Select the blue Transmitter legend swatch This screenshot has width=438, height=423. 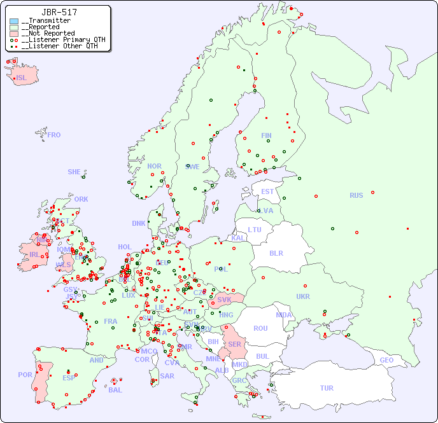pos(14,21)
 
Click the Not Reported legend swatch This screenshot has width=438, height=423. pos(14,34)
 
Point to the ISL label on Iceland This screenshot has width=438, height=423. pos(21,78)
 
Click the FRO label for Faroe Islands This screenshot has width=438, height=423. pos(54,135)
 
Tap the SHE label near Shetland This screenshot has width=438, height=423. pos(74,172)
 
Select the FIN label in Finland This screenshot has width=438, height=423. pos(266,135)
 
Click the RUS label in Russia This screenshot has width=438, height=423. pos(356,195)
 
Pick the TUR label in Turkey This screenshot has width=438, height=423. pos(327,388)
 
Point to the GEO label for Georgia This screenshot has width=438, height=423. pos(386,360)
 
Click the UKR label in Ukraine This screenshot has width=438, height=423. pos(303,296)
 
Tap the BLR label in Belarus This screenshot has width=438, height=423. pos(276,253)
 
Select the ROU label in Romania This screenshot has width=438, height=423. pos(260,328)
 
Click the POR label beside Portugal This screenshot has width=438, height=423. pos(25,375)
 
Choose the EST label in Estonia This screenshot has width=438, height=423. pos(267,191)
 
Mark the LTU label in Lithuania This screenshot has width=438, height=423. pos(255,230)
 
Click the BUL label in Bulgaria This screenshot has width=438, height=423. pos(262,356)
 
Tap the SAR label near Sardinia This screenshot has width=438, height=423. pos(167,376)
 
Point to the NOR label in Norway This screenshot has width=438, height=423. pos(154,166)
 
